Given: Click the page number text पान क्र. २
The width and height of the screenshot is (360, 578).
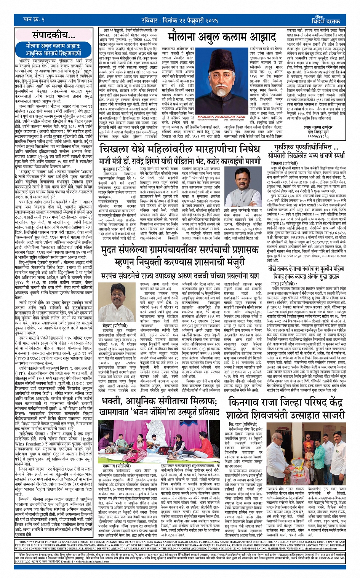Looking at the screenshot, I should point(34,19).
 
